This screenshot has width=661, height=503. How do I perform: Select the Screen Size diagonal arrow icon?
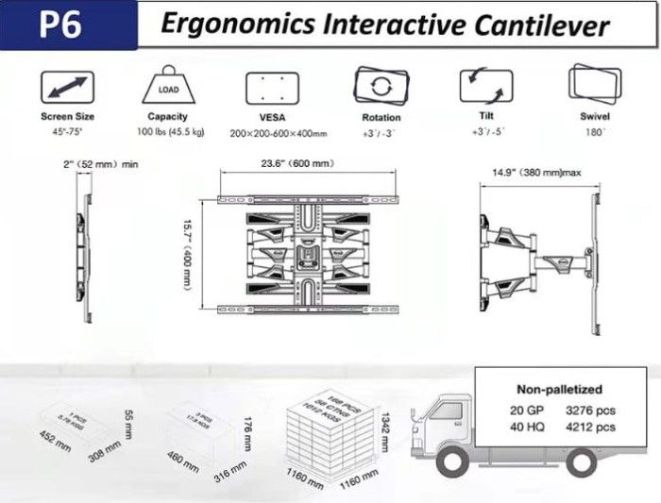[x=67, y=88]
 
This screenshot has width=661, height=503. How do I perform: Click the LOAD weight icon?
[x=167, y=89]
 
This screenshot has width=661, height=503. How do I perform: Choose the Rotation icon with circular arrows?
[x=381, y=87]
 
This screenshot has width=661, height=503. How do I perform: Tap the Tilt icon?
[x=487, y=87]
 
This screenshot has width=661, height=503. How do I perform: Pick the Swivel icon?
[x=595, y=87]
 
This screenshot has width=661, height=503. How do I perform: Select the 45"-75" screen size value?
[x=68, y=131]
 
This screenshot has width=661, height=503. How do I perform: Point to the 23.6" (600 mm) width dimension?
[x=297, y=164]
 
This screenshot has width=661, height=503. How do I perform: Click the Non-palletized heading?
[x=559, y=388]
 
